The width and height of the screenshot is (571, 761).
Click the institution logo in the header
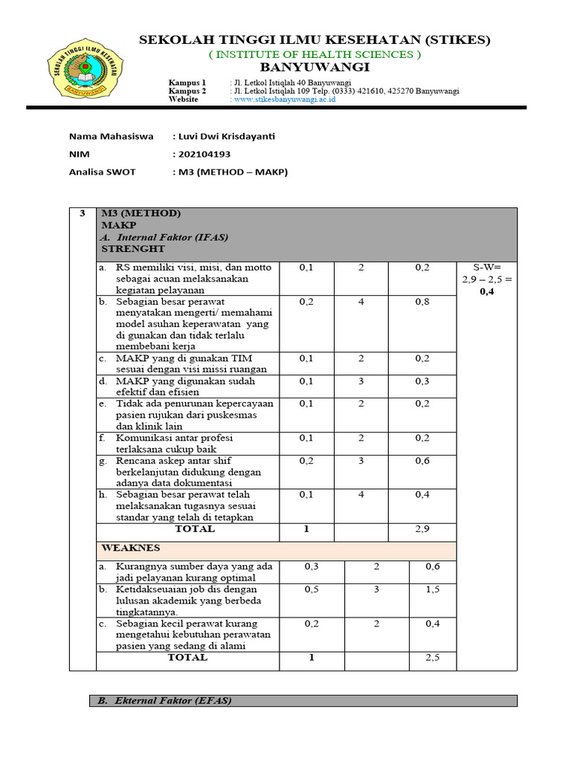click(x=83, y=73)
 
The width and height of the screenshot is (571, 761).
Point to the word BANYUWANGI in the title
click(x=315, y=68)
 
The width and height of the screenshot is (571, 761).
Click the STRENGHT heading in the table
click(x=133, y=249)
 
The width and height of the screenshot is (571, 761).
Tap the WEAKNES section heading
click(x=130, y=547)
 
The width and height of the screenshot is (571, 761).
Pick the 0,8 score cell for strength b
click(x=422, y=302)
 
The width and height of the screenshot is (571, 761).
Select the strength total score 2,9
click(x=422, y=529)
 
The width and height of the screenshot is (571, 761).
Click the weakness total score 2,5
click(x=433, y=658)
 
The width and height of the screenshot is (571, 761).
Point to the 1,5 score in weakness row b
click(x=433, y=589)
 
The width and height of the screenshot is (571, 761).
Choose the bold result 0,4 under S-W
click(x=486, y=291)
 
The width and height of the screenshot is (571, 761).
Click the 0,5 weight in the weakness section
click(x=312, y=589)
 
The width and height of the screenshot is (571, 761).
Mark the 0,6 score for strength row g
click(x=422, y=461)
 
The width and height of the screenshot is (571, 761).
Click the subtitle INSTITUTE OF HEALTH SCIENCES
click(x=315, y=54)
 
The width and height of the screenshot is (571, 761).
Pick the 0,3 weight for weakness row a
click(x=312, y=566)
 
